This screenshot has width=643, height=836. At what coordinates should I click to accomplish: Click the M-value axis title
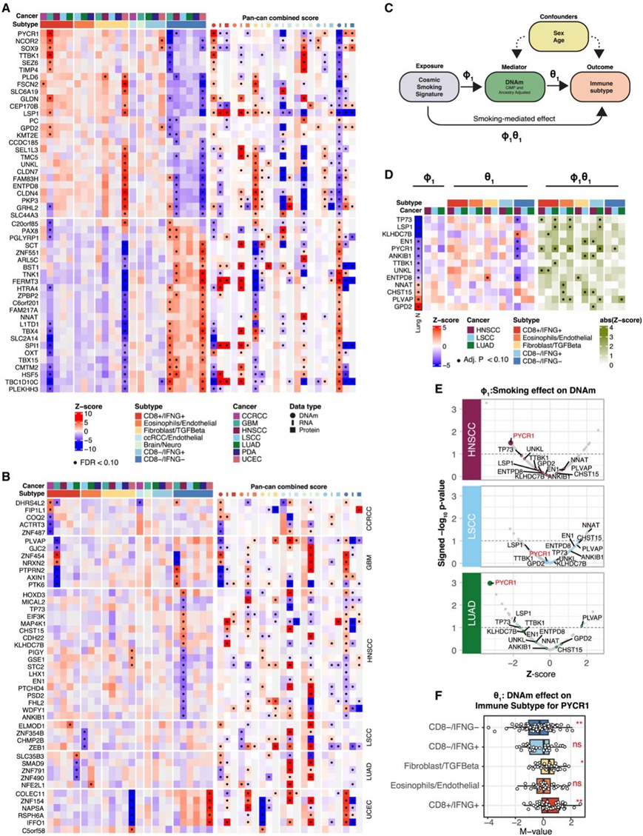click(545, 829)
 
